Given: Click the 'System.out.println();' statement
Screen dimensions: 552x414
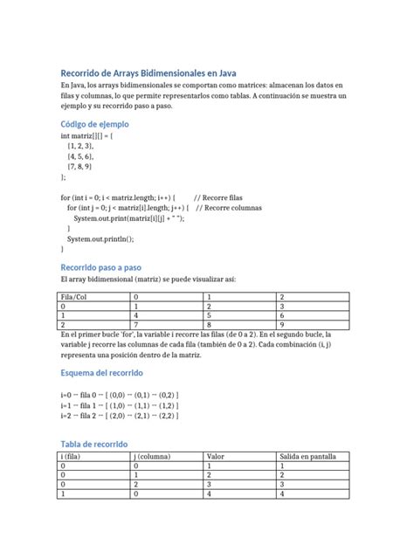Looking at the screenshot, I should point(101,238).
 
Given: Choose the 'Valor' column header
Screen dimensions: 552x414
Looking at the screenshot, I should point(216,457).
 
